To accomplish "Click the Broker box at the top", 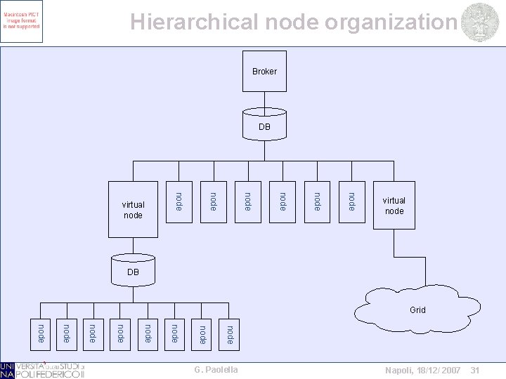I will [264, 72].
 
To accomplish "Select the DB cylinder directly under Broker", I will [264, 126].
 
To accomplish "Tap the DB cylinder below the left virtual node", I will [134, 271].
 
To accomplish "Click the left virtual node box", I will [134, 208].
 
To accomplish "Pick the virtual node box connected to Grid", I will [394, 205].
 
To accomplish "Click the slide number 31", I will [474, 370].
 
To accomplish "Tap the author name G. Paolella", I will [215, 370].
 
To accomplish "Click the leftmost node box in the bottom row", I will [41, 334].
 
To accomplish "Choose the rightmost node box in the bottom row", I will [229, 334].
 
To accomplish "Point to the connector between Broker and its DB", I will [264, 101].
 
